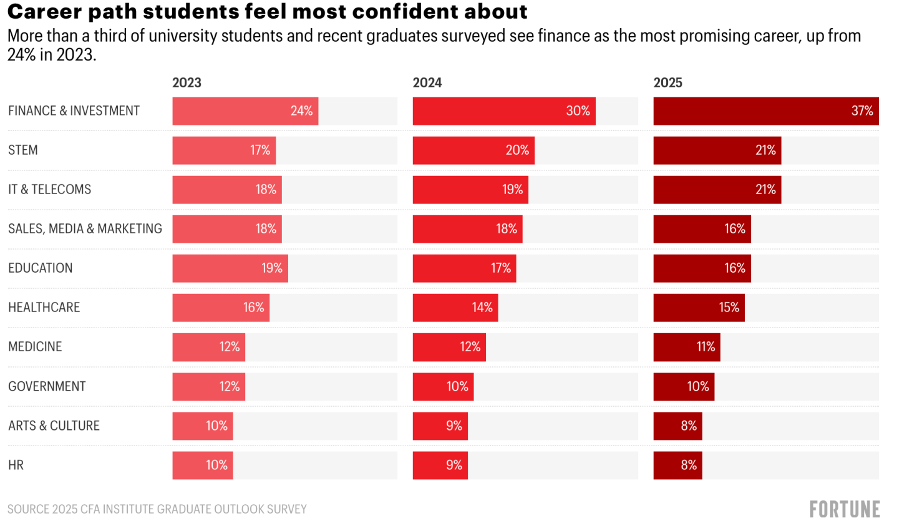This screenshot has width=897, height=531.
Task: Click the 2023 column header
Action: tap(187, 83)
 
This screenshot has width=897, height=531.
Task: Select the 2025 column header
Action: tap(667, 83)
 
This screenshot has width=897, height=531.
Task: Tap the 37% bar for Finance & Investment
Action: tap(765, 111)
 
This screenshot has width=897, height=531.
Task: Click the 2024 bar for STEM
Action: tap(473, 150)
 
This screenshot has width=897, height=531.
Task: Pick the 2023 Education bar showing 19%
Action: tap(230, 268)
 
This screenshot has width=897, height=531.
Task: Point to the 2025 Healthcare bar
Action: tap(699, 308)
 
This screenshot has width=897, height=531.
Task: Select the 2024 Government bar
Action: tap(443, 387)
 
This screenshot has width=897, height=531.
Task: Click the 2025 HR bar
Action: tap(677, 465)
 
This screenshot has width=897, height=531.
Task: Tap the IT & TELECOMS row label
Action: tap(49, 190)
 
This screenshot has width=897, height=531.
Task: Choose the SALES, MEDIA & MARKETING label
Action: tap(85, 229)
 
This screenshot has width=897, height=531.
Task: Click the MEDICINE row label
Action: tap(35, 347)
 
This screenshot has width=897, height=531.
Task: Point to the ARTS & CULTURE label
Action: tap(54, 426)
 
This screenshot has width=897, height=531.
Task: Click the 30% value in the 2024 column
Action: tap(578, 111)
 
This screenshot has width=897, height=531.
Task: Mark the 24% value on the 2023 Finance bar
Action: tap(301, 111)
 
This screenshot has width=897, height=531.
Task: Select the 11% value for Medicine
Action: tap(705, 347)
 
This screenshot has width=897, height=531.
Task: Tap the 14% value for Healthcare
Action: tap(482, 308)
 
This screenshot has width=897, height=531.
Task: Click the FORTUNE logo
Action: tap(845, 509)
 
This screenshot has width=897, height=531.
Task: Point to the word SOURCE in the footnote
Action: tap(28, 509)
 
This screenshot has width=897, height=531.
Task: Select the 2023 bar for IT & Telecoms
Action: tap(227, 190)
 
